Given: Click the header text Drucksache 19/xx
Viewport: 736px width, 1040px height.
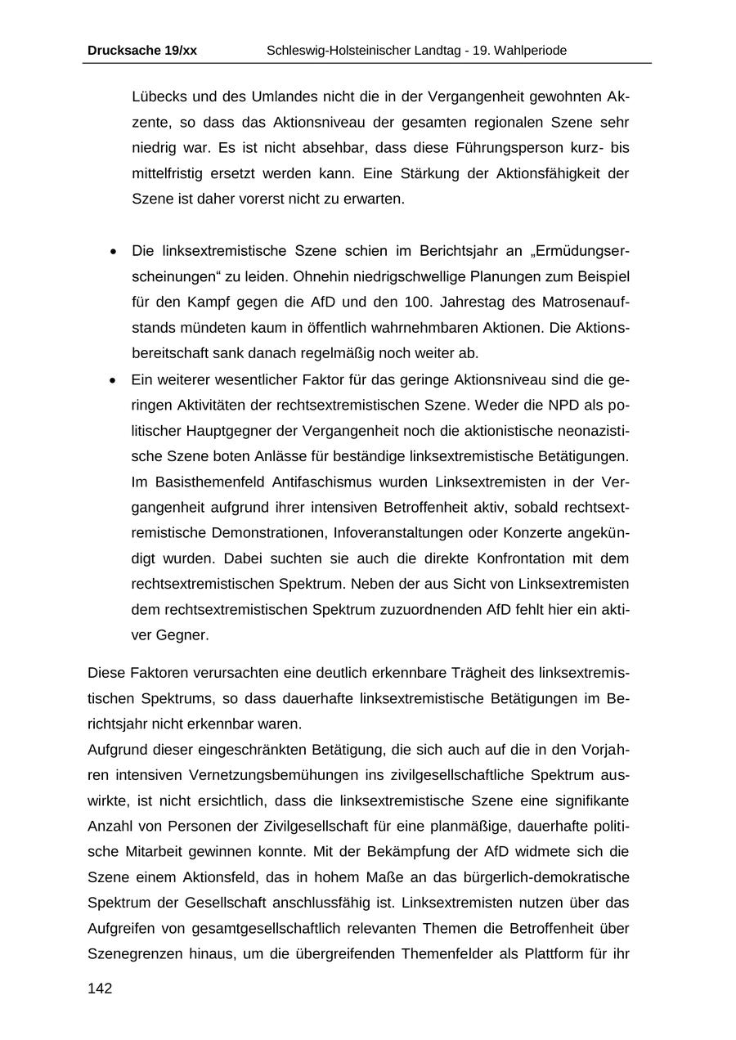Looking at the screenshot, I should tap(142, 51).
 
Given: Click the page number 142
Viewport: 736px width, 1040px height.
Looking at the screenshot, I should tap(100, 988).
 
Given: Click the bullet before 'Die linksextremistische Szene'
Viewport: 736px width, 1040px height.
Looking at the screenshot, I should tap(114, 251).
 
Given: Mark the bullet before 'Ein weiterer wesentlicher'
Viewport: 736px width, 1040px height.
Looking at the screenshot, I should tap(114, 380).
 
